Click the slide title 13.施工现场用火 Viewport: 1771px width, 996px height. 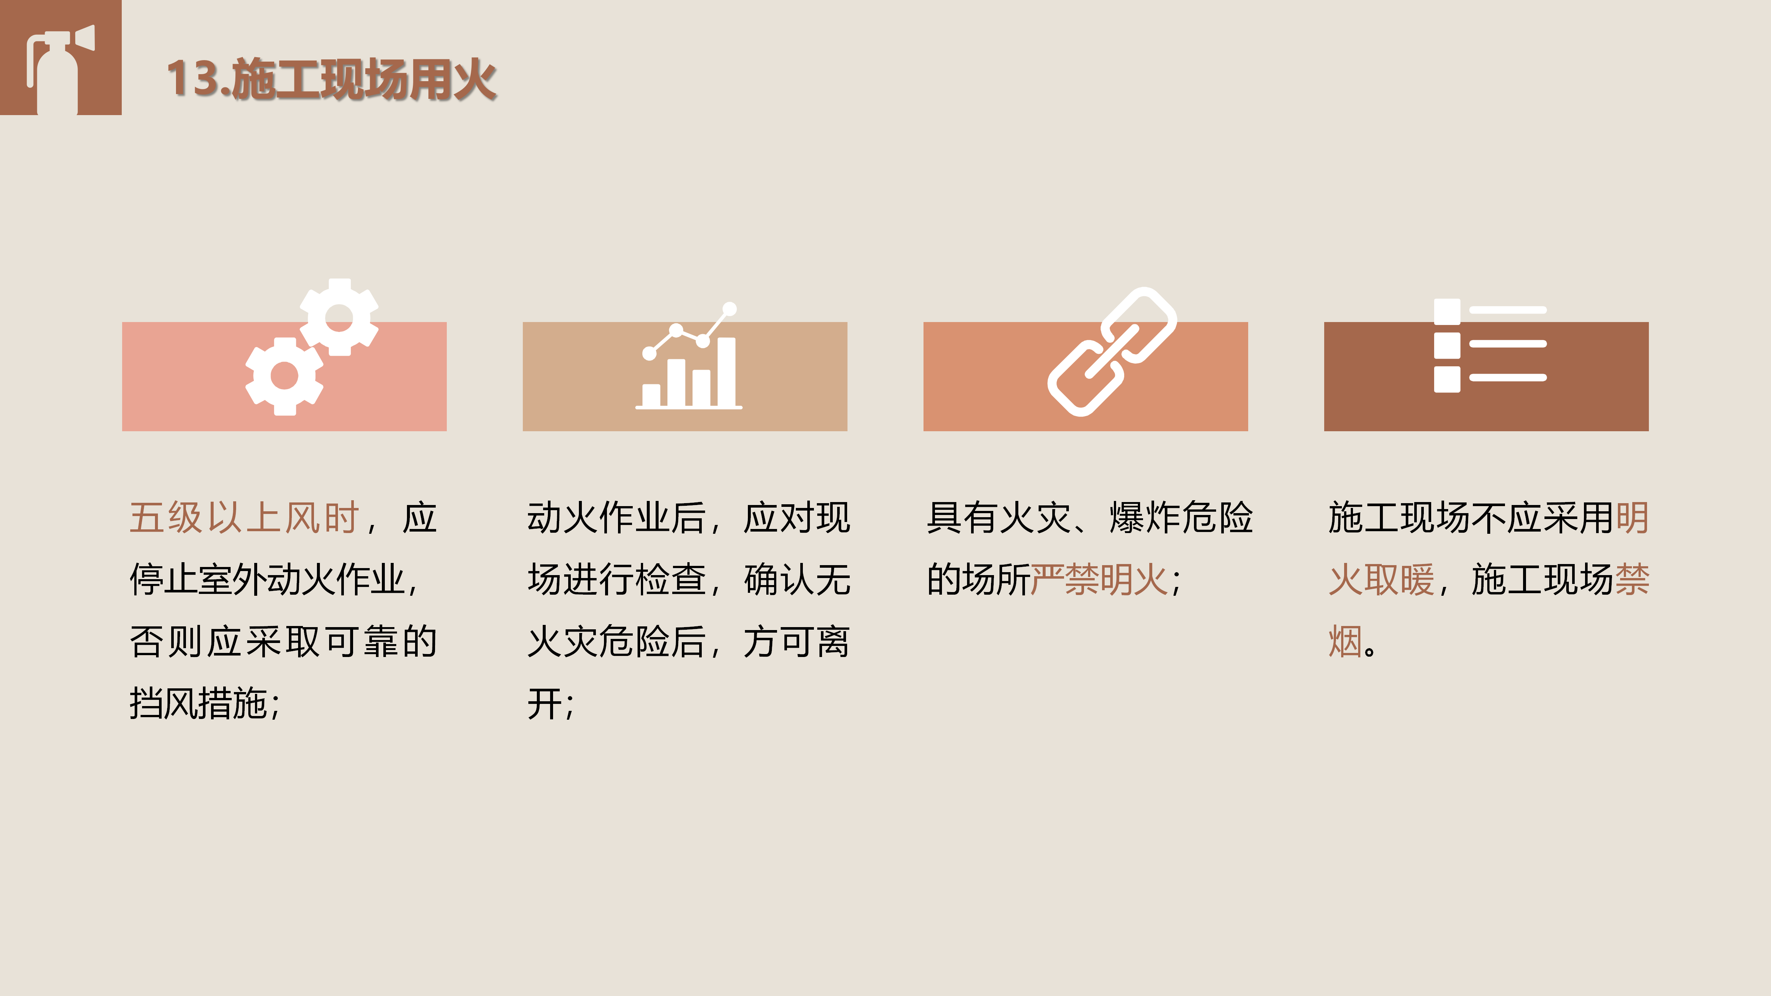331,79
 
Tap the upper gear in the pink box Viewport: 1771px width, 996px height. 339,317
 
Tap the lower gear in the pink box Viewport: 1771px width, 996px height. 284,376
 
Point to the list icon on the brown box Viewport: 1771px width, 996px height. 1490,346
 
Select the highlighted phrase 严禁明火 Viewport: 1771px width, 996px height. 1099,580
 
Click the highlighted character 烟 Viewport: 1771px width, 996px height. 1346,641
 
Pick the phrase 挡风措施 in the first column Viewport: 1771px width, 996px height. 199,703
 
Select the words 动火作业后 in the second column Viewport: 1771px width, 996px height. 617,518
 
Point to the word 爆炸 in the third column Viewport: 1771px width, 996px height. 1145,518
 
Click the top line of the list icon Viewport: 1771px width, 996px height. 1508,310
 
